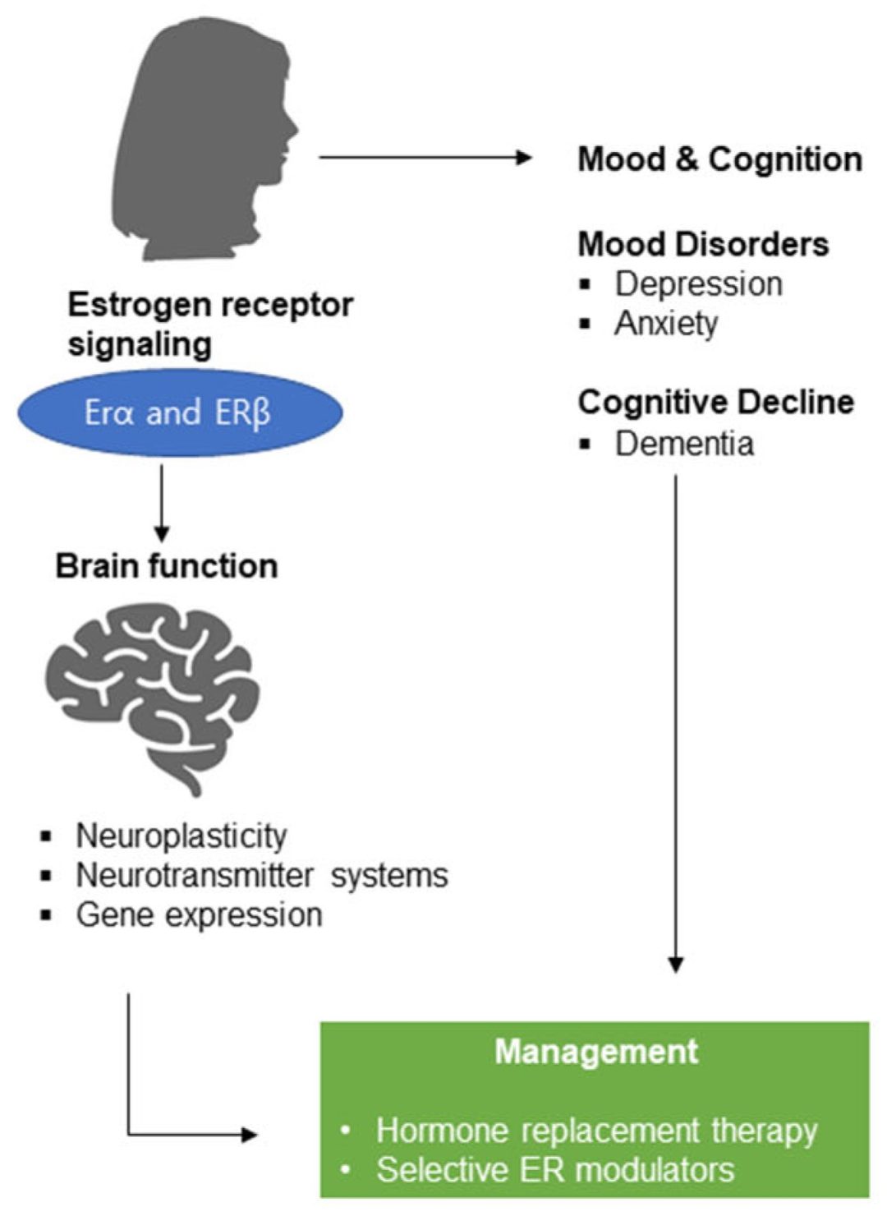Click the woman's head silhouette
[x=205, y=140]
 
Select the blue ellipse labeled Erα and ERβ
[x=179, y=412]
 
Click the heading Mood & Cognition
[x=719, y=159]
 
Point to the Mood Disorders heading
[x=703, y=244]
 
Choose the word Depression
[x=698, y=284]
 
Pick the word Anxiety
[x=666, y=324]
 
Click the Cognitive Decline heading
[x=715, y=402]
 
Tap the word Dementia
[x=684, y=444]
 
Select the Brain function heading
[x=167, y=566]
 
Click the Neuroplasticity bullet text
[x=182, y=836]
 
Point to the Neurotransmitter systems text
[x=262, y=875]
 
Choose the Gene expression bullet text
[x=199, y=914]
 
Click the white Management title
[x=596, y=1052]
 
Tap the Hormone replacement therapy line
[x=596, y=1131]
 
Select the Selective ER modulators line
[x=555, y=1169]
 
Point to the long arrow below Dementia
[x=675, y=723]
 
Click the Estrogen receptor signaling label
[x=209, y=324]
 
